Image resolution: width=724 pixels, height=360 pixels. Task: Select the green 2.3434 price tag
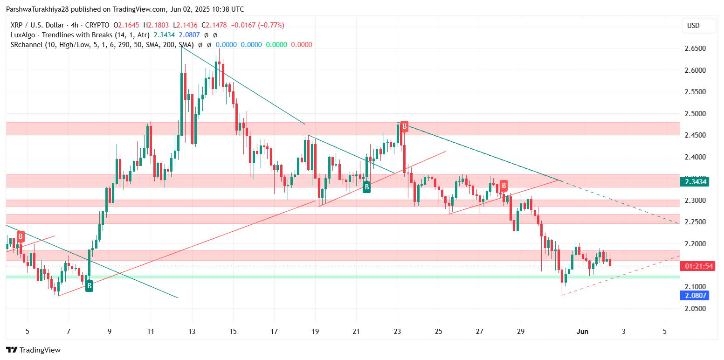(695, 181)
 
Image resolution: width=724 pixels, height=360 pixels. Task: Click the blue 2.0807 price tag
(695, 295)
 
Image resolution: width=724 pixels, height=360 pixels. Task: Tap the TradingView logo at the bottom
(33, 350)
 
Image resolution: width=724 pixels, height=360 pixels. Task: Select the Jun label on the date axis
(582, 332)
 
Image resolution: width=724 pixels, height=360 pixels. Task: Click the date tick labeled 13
(192, 332)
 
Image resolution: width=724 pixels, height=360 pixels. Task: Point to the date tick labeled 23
(398, 332)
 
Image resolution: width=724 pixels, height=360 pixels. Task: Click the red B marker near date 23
(405, 126)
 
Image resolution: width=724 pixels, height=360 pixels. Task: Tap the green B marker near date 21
(367, 187)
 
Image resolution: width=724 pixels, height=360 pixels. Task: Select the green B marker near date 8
(89, 286)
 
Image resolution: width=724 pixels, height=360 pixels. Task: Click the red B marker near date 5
(21, 237)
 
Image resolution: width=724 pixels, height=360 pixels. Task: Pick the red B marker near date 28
(504, 186)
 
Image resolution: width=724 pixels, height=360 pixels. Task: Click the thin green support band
(326, 277)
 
